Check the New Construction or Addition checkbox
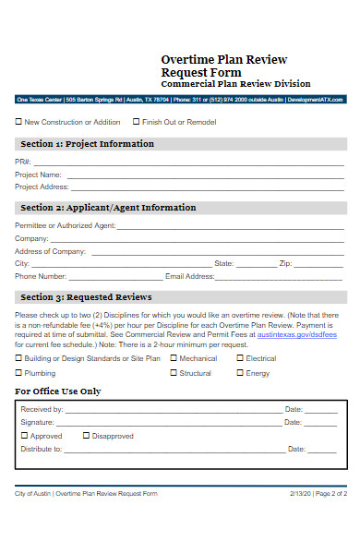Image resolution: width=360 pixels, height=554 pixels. click(x=18, y=121)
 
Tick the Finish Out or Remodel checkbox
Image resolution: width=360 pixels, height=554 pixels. click(x=137, y=121)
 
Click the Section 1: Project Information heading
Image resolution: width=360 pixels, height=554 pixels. click(x=87, y=144)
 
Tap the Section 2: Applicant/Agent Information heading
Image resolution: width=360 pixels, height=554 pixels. click(x=108, y=208)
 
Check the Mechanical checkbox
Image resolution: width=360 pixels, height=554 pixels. click(x=174, y=358)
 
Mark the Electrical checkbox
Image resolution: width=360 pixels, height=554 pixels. click(x=240, y=358)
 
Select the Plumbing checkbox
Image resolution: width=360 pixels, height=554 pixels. click(x=18, y=373)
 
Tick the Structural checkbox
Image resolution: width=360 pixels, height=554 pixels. click(x=174, y=373)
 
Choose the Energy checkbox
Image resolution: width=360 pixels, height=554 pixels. click(x=240, y=373)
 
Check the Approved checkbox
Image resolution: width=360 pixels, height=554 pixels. click(x=24, y=435)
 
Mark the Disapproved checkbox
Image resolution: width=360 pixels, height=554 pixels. click(x=87, y=435)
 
